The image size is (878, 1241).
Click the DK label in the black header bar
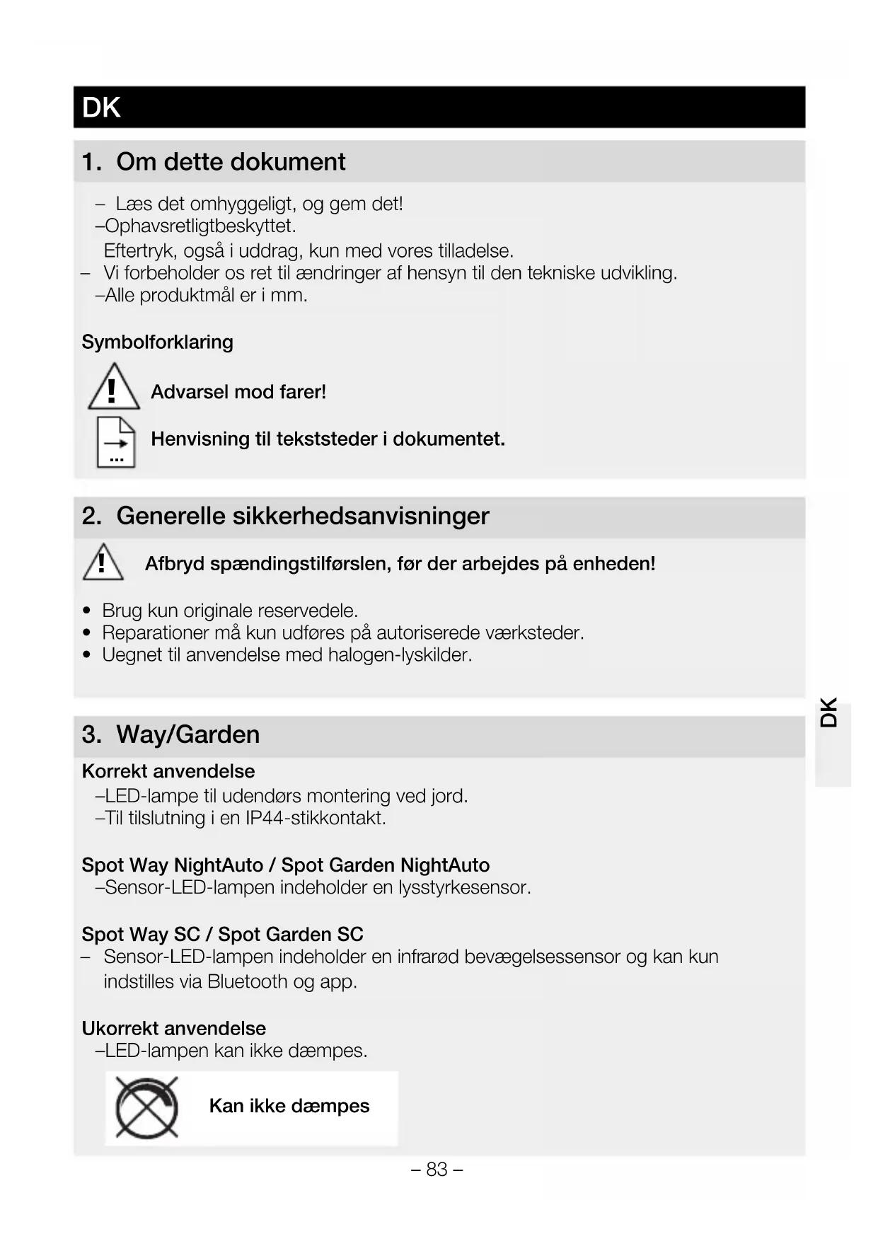click(101, 108)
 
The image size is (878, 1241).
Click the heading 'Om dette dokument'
click(231, 162)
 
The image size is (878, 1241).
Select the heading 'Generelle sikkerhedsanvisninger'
click(302, 516)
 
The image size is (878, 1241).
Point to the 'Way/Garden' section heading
click(187, 734)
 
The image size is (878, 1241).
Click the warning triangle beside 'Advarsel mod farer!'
click(112, 388)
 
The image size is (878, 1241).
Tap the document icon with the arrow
click(116, 442)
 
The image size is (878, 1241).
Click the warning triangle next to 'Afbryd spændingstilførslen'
click(103, 562)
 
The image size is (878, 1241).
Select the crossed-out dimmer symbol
click(146, 1107)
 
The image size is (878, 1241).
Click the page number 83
click(437, 1169)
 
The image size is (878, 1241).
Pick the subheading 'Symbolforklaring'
click(157, 342)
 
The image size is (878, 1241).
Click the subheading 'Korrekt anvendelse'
click(168, 771)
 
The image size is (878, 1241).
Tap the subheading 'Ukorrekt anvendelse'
click(174, 1028)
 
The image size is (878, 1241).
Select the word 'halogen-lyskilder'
click(400, 655)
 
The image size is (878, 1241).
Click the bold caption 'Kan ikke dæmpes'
click(289, 1106)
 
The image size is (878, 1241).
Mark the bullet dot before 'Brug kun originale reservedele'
click(87, 611)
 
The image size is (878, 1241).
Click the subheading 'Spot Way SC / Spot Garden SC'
click(222, 935)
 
